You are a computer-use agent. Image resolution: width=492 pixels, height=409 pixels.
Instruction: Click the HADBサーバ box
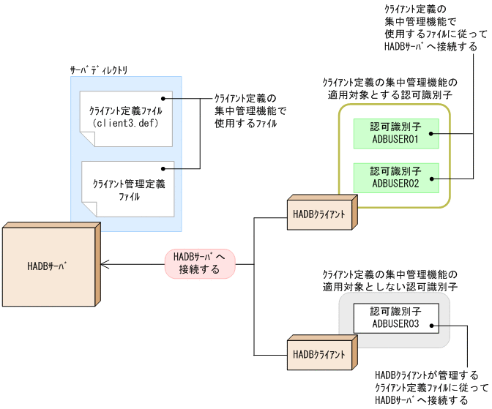pyautogui.click(x=48, y=264)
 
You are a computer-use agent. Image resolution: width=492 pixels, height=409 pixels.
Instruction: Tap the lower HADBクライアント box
pyautogui.click(x=320, y=354)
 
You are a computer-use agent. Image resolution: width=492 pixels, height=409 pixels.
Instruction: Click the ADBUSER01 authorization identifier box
pyautogui.click(x=395, y=132)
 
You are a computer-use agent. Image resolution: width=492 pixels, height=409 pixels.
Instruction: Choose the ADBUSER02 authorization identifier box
pyautogui.click(x=395, y=176)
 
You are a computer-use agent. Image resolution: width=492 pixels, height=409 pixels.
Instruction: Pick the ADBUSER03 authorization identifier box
pyautogui.click(x=395, y=318)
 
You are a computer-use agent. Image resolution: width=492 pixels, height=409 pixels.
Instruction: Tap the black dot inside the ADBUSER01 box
pyautogui.click(x=433, y=134)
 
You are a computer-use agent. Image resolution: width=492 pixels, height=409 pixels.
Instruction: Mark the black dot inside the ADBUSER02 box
pyautogui.click(x=433, y=178)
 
